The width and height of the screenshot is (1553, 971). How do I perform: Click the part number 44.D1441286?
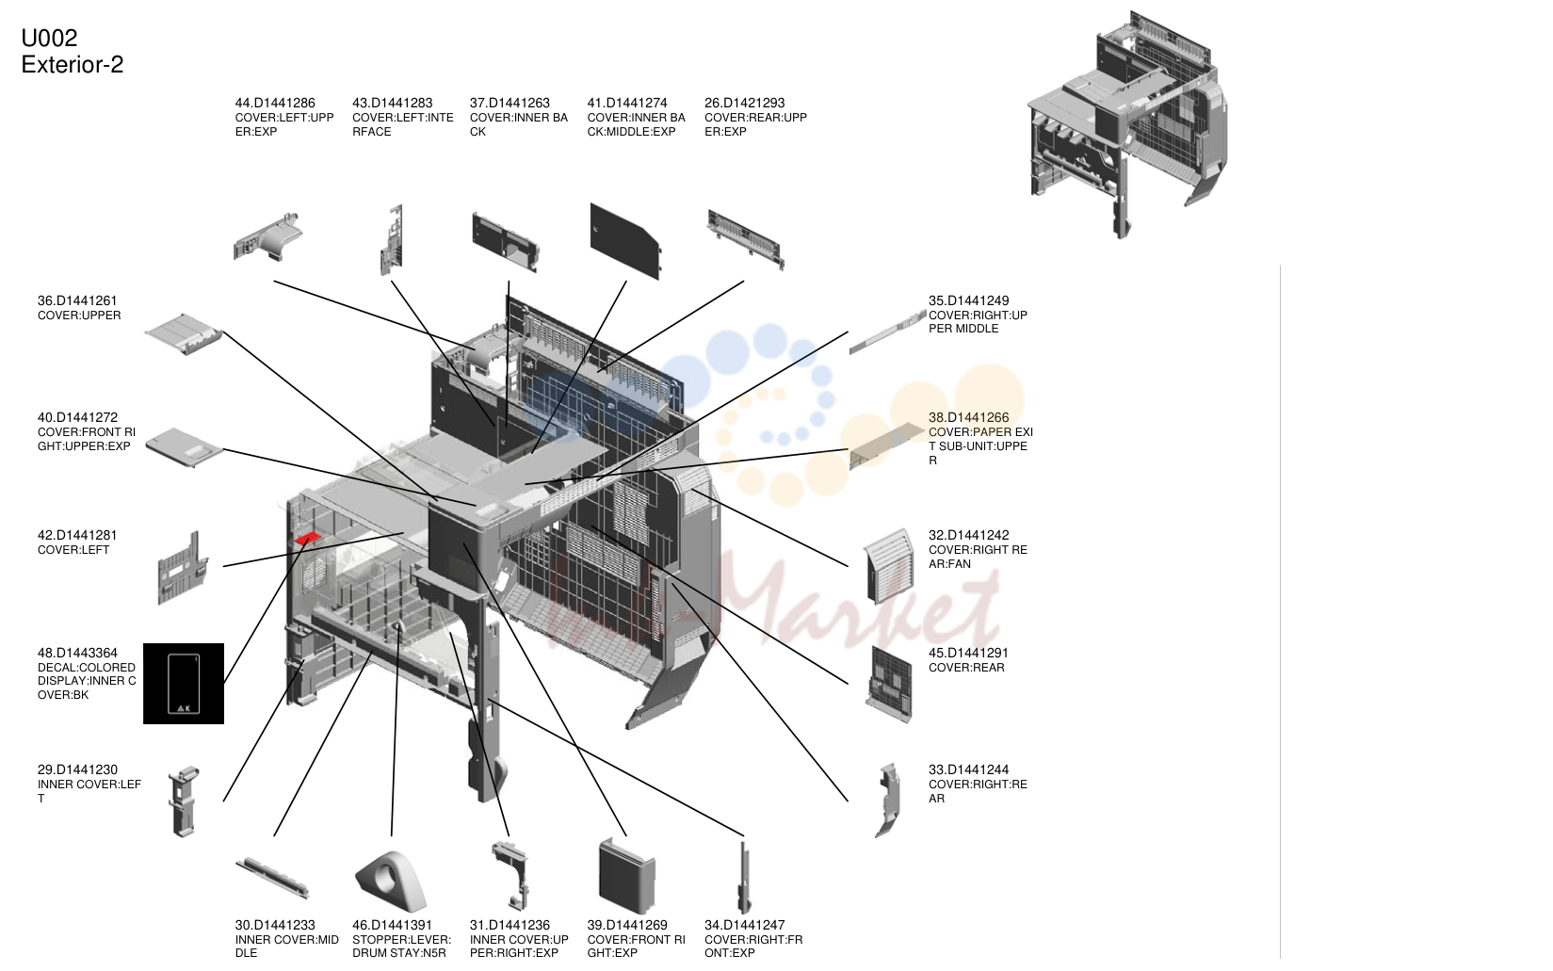(275, 104)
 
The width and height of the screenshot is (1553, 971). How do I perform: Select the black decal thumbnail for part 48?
(184, 684)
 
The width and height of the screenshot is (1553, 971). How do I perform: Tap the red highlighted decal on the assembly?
(307, 538)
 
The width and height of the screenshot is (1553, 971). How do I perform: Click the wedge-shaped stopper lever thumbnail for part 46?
(391, 882)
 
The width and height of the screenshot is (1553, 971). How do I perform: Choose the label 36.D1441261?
(77, 300)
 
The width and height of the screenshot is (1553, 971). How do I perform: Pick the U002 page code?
(49, 38)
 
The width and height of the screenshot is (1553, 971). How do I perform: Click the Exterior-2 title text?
(73, 64)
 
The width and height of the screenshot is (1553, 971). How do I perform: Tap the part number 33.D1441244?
(968, 770)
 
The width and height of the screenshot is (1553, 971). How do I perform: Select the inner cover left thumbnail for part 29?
(184, 801)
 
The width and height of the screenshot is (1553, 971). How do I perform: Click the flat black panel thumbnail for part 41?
(625, 241)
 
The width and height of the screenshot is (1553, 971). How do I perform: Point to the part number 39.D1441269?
(626, 925)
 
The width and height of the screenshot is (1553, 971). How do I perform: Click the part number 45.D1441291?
(968, 653)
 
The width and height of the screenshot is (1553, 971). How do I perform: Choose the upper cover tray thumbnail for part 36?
(184, 334)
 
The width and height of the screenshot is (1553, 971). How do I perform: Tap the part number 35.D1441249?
(968, 300)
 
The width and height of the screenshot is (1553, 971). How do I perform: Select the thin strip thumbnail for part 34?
(745, 878)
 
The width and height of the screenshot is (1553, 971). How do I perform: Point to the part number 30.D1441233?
(275, 925)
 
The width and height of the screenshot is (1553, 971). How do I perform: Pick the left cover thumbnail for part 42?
(183, 568)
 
